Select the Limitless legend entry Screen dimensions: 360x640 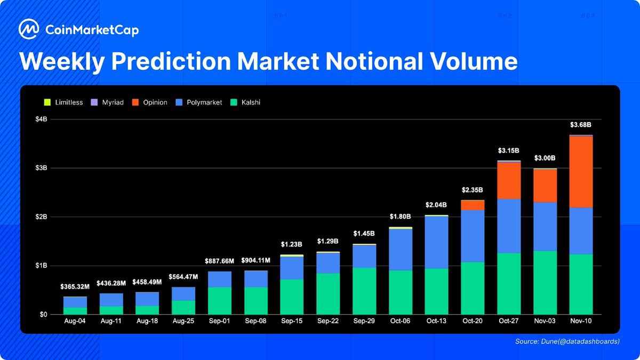[63, 102]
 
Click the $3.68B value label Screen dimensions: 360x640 [581, 125]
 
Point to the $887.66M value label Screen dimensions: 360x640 [220, 261]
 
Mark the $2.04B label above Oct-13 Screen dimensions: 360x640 [436, 205]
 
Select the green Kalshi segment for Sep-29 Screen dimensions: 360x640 [364, 291]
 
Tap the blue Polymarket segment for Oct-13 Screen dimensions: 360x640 [436, 242]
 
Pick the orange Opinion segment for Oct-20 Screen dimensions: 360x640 [473, 205]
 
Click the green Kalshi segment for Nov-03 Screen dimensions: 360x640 [545, 283]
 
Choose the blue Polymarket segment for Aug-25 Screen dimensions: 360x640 [183, 294]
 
